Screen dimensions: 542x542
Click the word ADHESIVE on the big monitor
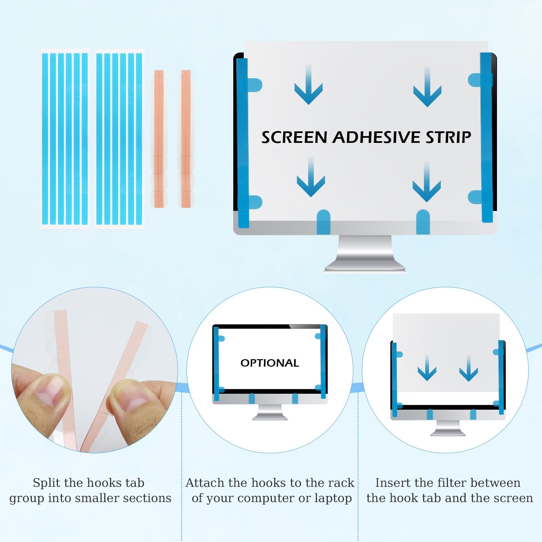(x=377, y=137)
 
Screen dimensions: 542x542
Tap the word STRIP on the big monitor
(x=448, y=137)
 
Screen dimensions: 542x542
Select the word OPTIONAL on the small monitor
(x=270, y=363)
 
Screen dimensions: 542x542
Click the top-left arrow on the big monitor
(x=308, y=85)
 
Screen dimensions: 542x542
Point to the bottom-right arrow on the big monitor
(x=427, y=182)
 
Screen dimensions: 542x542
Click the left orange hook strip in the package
(x=159, y=139)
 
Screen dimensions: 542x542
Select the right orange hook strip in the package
(x=186, y=139)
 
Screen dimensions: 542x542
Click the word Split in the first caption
(x=46, y=483)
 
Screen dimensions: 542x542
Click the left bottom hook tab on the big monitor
(x=323, y=222)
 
